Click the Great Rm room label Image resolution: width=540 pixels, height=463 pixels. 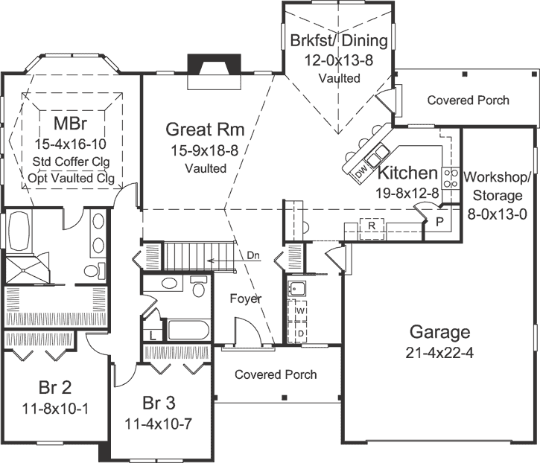(x=206, y=130)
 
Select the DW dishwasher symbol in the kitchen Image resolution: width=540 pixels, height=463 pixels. (x=361, y=172)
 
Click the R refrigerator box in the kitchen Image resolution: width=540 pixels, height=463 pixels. (x=370, y=224)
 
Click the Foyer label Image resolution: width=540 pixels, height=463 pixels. (x=246, y=299)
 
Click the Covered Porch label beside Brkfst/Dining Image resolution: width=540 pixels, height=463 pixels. (x=468, y=100)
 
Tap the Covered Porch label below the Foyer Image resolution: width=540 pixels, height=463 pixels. (x=276, y=374)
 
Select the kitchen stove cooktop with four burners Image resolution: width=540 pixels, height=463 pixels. (x=451, y=178)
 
